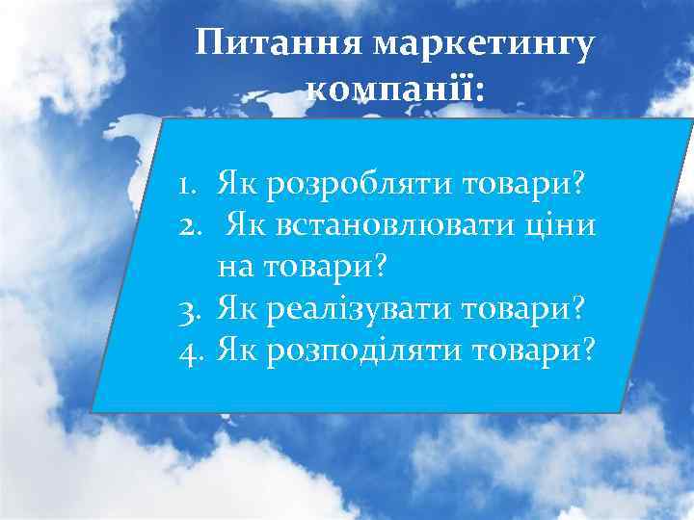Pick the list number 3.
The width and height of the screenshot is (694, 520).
pyautogui.click(x=189, y=307)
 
